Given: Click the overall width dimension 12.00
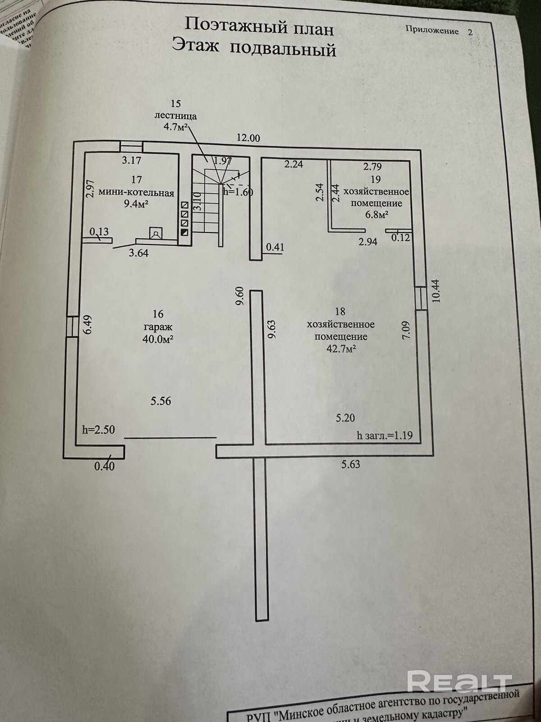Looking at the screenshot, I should tap(248, 139).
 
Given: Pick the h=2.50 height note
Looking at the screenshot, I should tap(99, 430).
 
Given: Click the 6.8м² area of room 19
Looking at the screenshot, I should tap(376, 215).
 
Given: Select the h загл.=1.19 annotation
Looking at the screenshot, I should tap(385, 435).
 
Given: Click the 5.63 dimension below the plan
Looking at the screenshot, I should tap(351, 464).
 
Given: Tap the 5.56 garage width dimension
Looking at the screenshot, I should tap(161, 400).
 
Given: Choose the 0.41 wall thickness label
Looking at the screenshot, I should tap(275, 247).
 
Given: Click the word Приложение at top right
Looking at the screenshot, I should tap(432, 31).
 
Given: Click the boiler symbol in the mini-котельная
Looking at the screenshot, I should tap(156, 233).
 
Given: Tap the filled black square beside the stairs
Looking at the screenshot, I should tap(185, 232).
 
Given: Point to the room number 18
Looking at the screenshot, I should tap(340, 311).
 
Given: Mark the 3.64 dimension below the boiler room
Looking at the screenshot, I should tap(138, 253).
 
